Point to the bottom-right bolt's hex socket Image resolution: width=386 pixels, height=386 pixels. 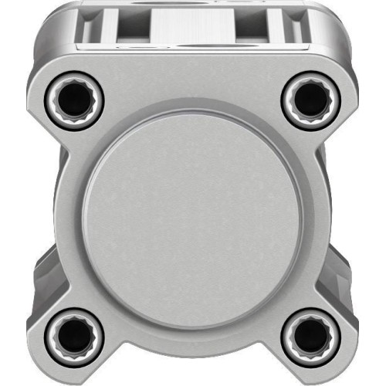[310, 335]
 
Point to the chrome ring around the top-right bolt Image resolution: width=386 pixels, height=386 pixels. [328, 97]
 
